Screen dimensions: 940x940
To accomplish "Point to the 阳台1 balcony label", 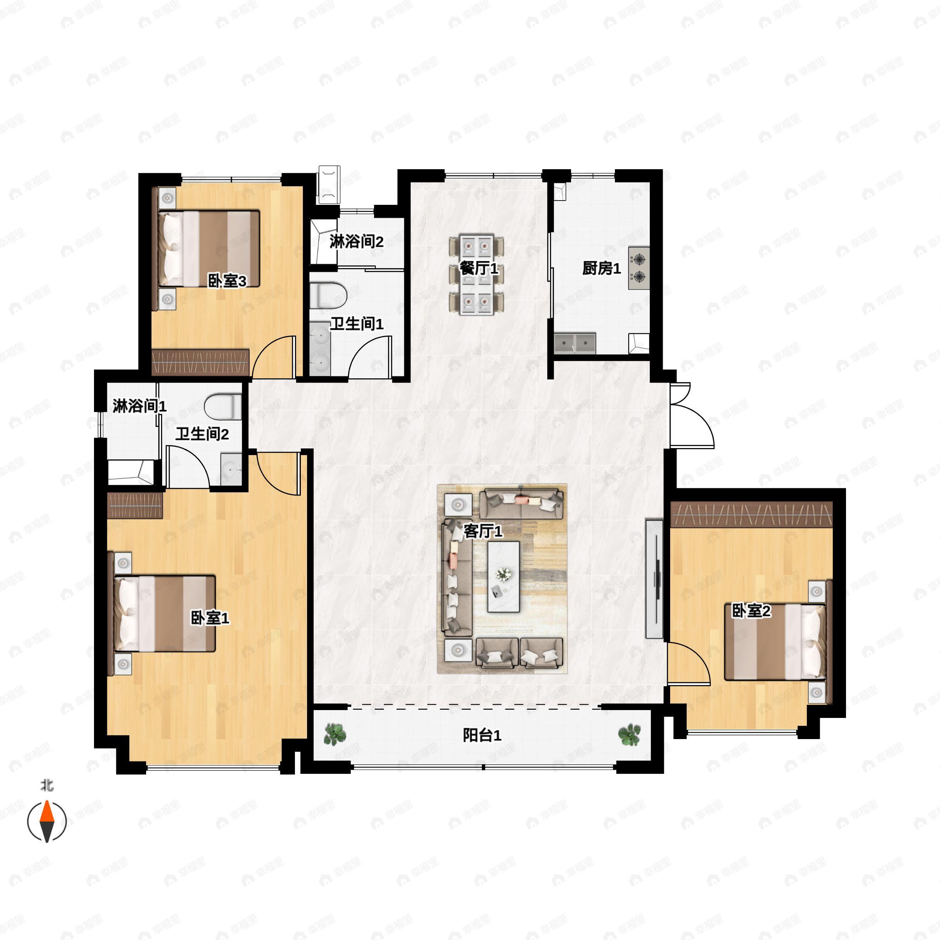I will (x=481, y=735).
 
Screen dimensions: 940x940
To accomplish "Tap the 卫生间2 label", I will (x=202, y=434).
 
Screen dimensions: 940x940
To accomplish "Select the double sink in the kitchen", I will (x=575, y=343).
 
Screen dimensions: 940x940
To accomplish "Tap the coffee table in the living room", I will (x=504, y=577).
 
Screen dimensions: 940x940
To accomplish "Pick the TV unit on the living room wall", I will (x=654, y=578).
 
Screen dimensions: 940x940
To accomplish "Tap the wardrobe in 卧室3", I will (x=201, y=362).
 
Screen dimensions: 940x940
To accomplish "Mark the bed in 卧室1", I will (x=164, y=613).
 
